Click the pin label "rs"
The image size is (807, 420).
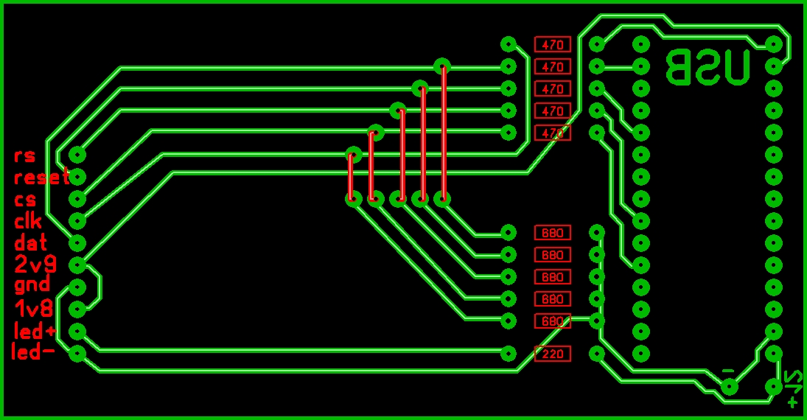click(x=24, y=156)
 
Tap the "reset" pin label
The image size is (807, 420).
click(x=41, y=178)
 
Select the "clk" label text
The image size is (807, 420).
click(x=28, y=220)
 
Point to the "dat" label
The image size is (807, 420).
click(x=31, y=242)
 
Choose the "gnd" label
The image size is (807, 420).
click(x=32, y=285)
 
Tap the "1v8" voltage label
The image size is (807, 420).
click(x=32, y=308)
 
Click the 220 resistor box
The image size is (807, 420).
click(x=553, y=354)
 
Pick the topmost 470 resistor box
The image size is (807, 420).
click(x=553, y=44)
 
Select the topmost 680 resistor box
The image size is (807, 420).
click(x=553, y=233)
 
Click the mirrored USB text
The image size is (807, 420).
click(x=708, y=67)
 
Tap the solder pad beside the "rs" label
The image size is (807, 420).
click(x=77, y=155)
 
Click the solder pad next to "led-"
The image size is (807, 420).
click(x=77, y=354)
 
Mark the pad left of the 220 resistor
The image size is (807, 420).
click(x=509, y=354)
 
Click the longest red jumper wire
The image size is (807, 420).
click(x=444, y=133)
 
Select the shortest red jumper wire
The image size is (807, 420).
click(x=351, y=177)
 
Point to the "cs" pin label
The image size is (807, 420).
click(x=25, y=200)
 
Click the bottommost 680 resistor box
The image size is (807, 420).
click(x=553, y=321)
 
